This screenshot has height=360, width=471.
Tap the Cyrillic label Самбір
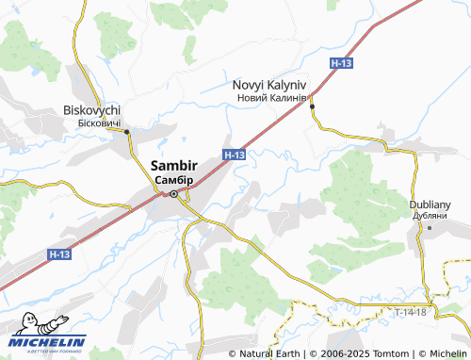pos(173,179)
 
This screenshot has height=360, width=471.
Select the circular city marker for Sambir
pos(173,194)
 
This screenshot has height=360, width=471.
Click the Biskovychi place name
pos(92,109)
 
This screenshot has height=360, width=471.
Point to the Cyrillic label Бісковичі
pos(92,122)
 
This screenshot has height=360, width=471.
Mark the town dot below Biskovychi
pos(126,132)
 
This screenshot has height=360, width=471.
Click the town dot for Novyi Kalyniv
pos(312,106)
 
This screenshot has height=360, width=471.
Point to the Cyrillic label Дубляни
pos(430,215)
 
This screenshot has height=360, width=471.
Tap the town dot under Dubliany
pos(429,227)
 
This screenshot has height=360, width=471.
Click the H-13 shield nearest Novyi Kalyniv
pos(342,62)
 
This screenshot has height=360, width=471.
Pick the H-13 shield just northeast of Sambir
pos(235,154)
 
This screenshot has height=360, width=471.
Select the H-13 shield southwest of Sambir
pos(59,254)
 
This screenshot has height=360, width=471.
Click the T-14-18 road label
pos(410,311)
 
